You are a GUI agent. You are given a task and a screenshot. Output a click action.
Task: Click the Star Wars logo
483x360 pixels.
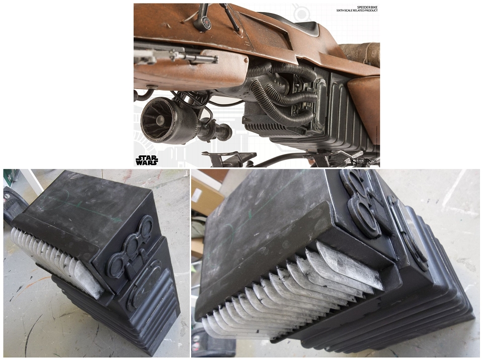[146, 160]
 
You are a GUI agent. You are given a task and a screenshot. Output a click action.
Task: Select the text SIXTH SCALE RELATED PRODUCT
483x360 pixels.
[357, 11]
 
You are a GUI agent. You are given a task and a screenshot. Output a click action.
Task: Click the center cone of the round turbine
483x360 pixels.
[159, 121]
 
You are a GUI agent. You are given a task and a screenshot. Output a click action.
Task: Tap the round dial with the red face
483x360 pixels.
[205, 23]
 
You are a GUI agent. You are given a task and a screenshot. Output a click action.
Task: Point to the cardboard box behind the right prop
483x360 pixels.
[206, 194]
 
